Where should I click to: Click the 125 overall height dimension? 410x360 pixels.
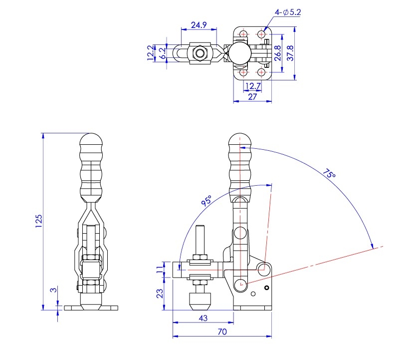(38, 221)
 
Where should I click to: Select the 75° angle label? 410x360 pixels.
(329, 175)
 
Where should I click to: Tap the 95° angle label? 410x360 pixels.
(206, 201)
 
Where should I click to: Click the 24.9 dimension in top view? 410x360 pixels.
(199, 24)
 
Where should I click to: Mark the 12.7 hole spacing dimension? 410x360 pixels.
(253, 86)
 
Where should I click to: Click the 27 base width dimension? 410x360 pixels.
(252, 96)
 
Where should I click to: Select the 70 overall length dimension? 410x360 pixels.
(222, 332)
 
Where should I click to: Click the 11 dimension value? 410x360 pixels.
(160, 270)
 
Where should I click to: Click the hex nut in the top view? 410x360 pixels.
(199, 53)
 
